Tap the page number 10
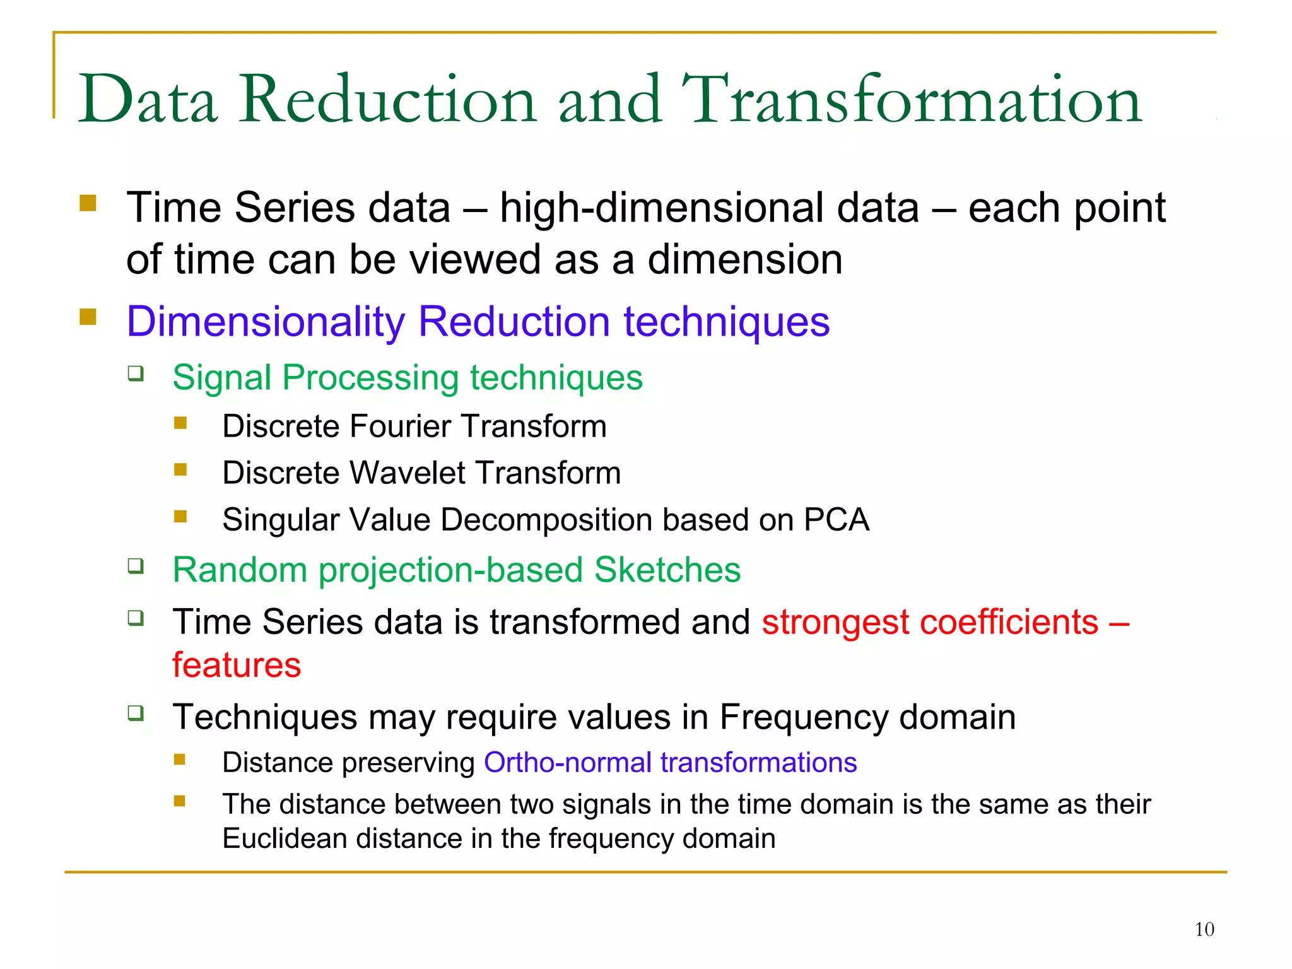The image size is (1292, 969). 1204,929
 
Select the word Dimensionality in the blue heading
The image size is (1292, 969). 265,322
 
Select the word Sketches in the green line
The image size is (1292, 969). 667,570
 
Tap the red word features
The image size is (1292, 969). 237,665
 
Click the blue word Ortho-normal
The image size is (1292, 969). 567,763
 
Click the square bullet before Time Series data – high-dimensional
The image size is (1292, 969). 88,203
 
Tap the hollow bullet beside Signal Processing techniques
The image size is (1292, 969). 136,373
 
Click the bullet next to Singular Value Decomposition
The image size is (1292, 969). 180,517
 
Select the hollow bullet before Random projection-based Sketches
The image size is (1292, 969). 136,566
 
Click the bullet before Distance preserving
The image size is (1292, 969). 180,760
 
